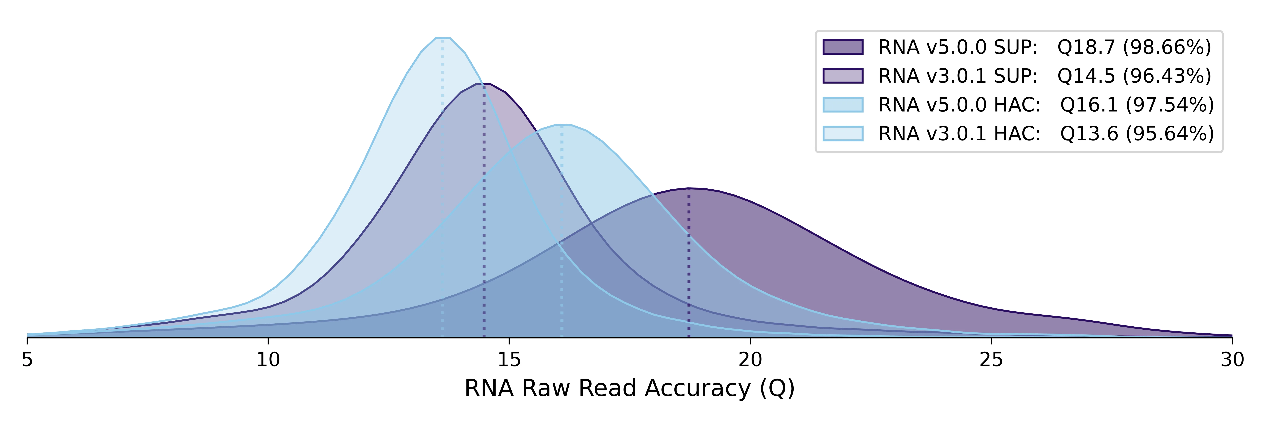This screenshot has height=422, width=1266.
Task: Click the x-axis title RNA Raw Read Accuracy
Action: pos(630,388)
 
